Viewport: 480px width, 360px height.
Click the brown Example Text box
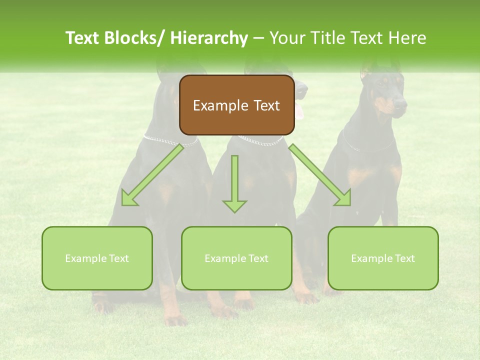(x=236, y=105)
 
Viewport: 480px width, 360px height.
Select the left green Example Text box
(x=97, y=258)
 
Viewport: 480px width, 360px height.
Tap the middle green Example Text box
(x=236, y=258)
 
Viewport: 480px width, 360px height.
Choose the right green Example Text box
(x=383, y=258)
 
